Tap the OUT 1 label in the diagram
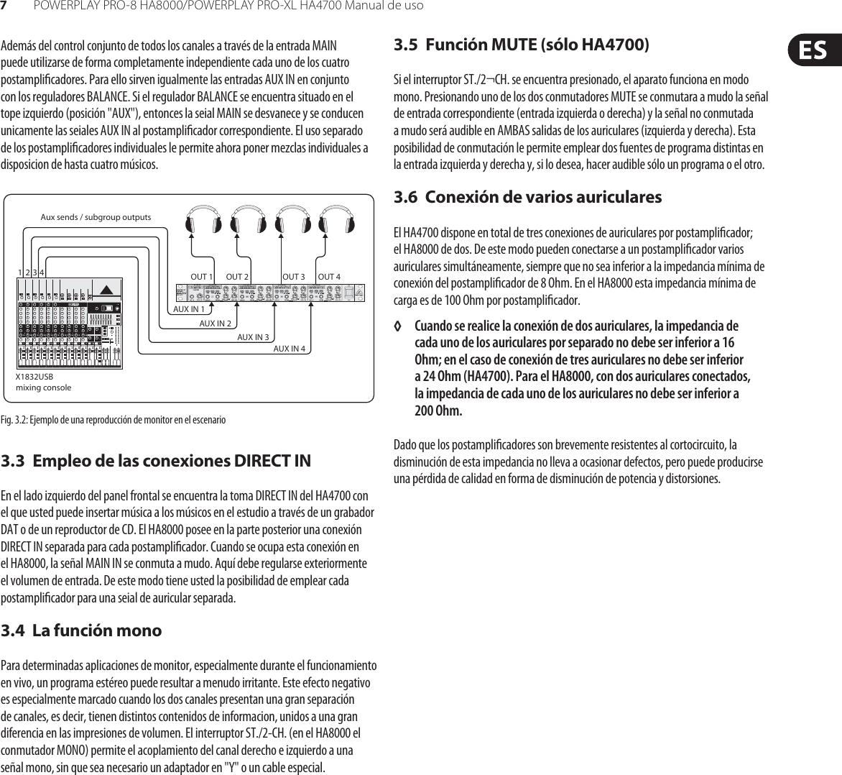coord(202,277)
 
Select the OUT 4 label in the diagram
coord(329,277)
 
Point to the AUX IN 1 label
coord(189,309)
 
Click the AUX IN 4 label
coord(290,349)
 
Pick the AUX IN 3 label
coord(253,336)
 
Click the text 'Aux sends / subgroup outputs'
coord(96,216)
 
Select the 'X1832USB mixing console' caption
coord(43,382)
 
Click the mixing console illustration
coord(69,323)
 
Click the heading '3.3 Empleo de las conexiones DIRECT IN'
coord(156,460)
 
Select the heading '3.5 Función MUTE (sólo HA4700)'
coord(522,45)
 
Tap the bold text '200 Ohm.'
coord(438,411)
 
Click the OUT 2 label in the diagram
coord(237,277)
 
